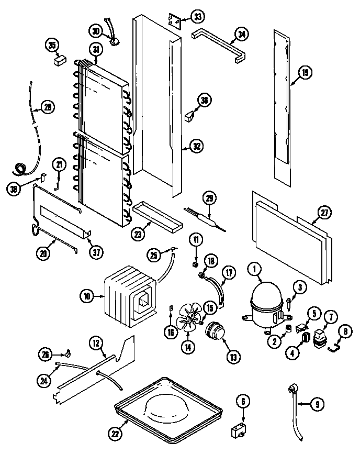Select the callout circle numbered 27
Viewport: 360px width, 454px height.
325,213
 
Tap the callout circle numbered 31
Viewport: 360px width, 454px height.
96,50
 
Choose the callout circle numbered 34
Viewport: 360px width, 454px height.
241,35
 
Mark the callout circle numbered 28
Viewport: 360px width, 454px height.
48,107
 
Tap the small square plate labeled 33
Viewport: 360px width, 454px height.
175,21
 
